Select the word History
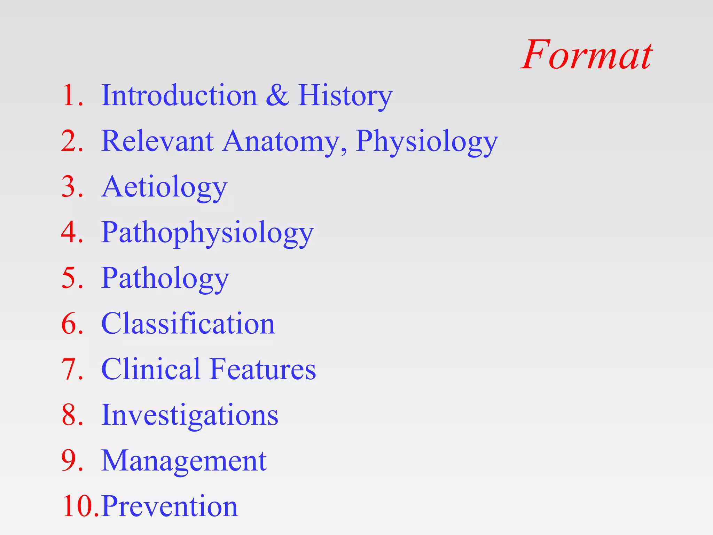click(x=345, y=96)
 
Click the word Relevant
click(x=157, y=141)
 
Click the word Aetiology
click(x=164, y=187)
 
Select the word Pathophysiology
click(x=207, y=233)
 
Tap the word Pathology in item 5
click(x=165, y=278)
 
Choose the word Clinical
click(x=150, y=369)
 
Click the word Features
click(x=263, y=369)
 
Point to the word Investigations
click(x=190, y=415)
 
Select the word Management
click(x=184, y=460)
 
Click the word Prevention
click(x=170, y=506)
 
